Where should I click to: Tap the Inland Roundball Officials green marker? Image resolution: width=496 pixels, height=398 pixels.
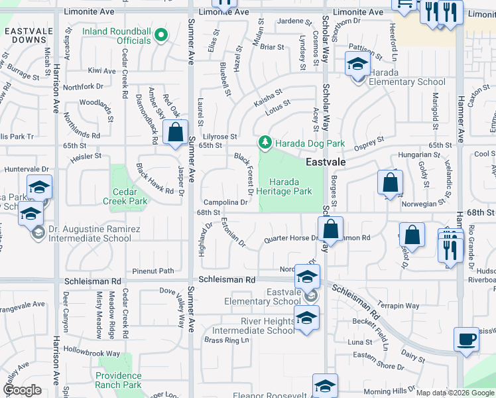[160, 36]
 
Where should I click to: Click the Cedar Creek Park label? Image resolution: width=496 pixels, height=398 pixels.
[129, 196]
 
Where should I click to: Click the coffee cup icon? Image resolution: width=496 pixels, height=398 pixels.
[466, 339]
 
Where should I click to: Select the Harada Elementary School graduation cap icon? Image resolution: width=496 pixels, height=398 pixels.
[357, 64]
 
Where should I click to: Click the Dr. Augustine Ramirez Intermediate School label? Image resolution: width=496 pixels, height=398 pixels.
[89, 233]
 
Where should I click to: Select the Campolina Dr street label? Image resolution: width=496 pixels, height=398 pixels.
[225, 202]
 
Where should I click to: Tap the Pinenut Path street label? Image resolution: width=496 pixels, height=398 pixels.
[153, 271]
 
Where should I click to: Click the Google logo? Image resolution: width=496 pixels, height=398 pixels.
[22, 390]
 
